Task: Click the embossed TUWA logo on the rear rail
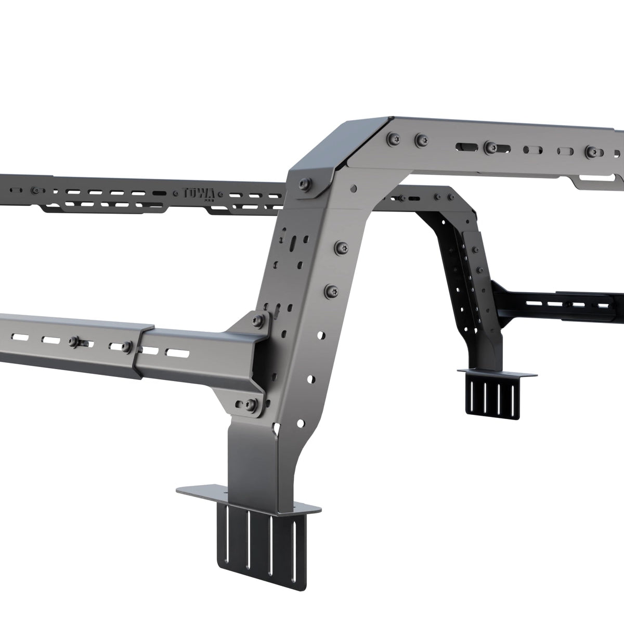click(x=199, y=193)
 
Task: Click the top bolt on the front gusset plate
click(x=258, y=320)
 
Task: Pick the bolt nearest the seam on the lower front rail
click(x=126, y=346)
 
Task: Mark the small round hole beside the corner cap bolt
click(x=354, y=188)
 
